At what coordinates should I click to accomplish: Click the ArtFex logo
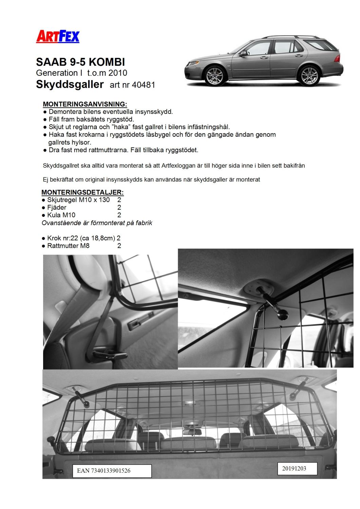(57, 37)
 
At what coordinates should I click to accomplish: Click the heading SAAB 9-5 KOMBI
(80, 62)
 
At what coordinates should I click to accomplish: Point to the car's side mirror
(243, 53)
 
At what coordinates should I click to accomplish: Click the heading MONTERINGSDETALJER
(82, 192)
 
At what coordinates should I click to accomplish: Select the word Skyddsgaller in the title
(70, 84)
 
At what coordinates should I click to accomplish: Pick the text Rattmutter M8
(68, 246)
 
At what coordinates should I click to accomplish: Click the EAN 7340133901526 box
(112, 471)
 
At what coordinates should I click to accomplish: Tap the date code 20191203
(294, 468)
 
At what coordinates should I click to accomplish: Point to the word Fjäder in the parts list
(57, 207)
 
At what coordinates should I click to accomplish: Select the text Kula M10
(61, 215)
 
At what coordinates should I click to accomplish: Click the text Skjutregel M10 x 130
(78, 200)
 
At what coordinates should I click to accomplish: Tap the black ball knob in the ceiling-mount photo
(281, 316)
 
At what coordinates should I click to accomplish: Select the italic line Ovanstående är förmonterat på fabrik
(97, 223)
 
